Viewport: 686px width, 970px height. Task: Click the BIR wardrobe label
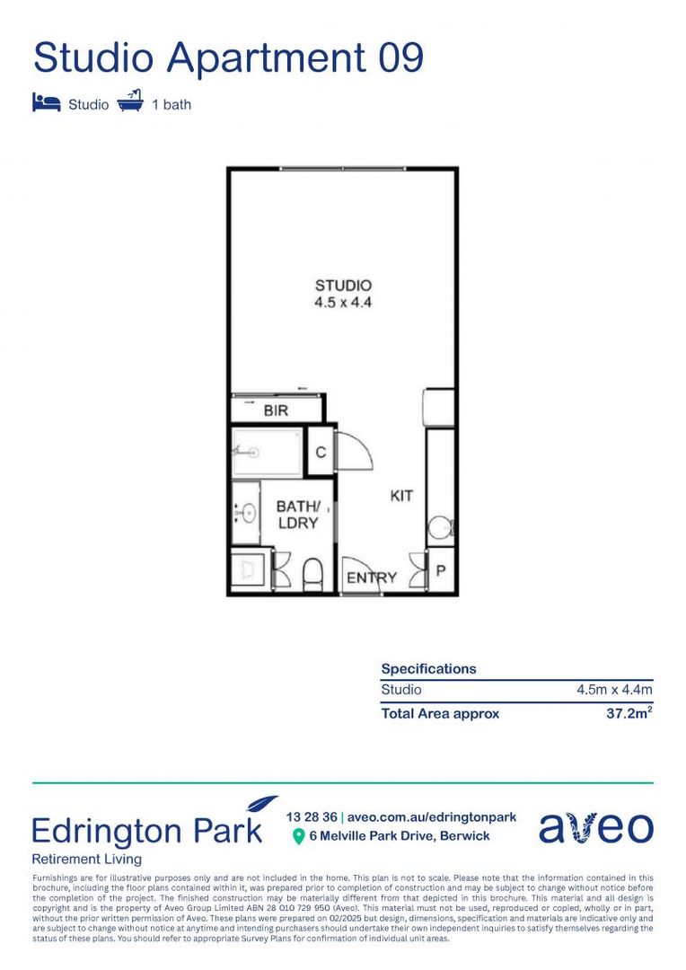click(x=276, y=411)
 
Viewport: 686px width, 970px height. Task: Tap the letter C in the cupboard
click(x=321, y=453)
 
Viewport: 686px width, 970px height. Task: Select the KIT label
click(x=401, y=495)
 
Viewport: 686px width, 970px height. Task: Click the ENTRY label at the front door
click(x=371, y=578)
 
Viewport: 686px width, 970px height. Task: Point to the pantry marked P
click(x=441, y=571)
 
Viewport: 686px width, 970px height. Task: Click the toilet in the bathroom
click(x=313, y=573)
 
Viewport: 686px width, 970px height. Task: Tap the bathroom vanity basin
click(x=247, y=513)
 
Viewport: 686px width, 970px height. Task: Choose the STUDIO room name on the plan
click(x=343, y=287)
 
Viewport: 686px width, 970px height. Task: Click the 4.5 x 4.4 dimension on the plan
click(x=343, y=303)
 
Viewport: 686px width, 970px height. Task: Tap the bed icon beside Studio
click(x=47, y=102)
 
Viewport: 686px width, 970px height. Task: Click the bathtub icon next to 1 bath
click(x=130, y=101)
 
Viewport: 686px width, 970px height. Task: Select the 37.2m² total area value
click(x=629, y=714)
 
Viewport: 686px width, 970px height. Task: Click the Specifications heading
click(x=428, y=669)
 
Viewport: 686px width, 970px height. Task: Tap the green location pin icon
click(x=298, y=837)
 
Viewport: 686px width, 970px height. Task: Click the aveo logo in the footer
click(x=596, y=828)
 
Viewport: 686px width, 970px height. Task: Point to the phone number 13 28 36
click(x=312, y=817)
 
